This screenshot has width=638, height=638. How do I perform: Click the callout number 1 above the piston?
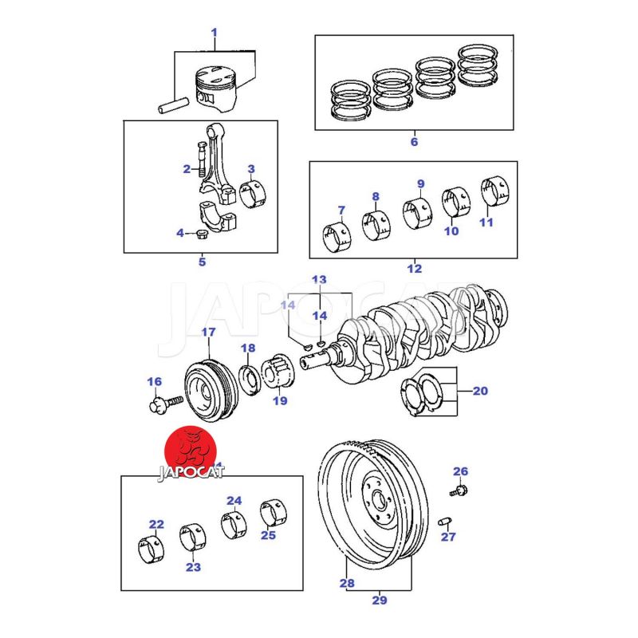tap(214, 33)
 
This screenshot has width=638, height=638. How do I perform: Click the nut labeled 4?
tap(202, 234)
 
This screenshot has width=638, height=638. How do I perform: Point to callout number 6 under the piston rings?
tap(414, 142)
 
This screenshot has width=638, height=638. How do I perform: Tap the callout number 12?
tap(414, 269)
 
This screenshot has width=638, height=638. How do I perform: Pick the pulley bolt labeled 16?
tap(157, 404)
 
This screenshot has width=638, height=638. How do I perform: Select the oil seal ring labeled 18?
tap(248, 377)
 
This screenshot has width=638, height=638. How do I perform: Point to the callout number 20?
tap(479, 391)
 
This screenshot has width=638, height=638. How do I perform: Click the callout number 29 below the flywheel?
tap(380, 599)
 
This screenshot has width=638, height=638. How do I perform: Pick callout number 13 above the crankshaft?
tap(319, 279)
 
